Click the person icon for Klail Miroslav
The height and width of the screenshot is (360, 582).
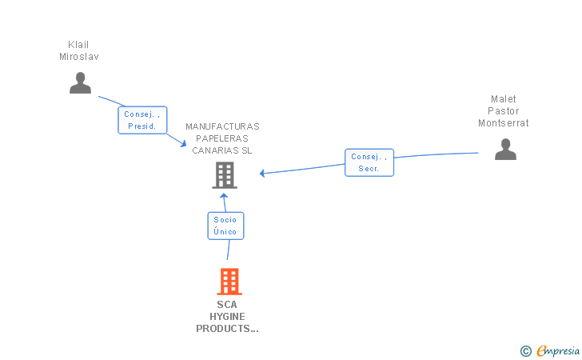pos(80,83)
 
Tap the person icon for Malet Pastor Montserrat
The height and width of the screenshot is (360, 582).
pos(505,150)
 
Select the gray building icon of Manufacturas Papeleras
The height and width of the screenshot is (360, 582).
pos(225,175)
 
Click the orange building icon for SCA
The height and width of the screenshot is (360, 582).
pos(229,282)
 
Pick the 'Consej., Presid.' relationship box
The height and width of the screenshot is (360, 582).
pos(142,120)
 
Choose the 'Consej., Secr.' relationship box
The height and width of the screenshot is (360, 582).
pos(369,162)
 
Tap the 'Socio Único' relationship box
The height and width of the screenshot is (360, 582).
pos(225,226)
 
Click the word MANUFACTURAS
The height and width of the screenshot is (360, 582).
pos(222,126)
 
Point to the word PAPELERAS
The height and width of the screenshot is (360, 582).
pos(222,138)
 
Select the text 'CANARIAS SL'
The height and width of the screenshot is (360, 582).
pos(222,150)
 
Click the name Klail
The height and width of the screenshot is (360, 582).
pos(78,45)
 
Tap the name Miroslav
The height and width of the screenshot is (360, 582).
pos(79,57)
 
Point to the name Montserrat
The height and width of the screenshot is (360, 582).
pos(504,123)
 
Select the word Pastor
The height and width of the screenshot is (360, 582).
pos(504,111)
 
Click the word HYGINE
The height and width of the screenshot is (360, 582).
pos(227,317)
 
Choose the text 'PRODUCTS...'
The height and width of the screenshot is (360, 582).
pos(227,329)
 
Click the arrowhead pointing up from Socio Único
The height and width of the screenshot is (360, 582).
pos(224,196)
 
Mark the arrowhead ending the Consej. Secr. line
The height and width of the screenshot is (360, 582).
pos(262,174)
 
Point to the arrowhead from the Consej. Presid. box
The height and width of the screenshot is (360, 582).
pos(183,143)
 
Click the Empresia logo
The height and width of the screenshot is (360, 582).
pos(550,350)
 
